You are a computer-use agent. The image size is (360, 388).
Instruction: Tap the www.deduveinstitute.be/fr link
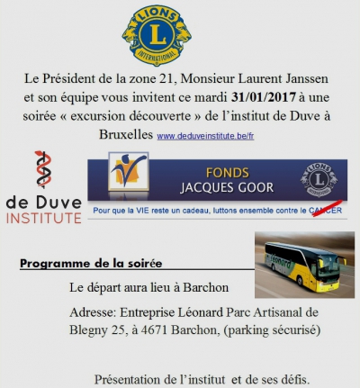click(x=204, y=137)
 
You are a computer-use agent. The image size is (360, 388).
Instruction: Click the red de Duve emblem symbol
click(x=43, y=174)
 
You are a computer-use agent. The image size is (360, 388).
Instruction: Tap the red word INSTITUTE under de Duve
click(x=41, y=219)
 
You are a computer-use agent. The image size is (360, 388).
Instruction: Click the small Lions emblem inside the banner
click(x=319, y=178)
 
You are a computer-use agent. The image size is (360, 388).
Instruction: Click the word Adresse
click(x=97, y=312)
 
